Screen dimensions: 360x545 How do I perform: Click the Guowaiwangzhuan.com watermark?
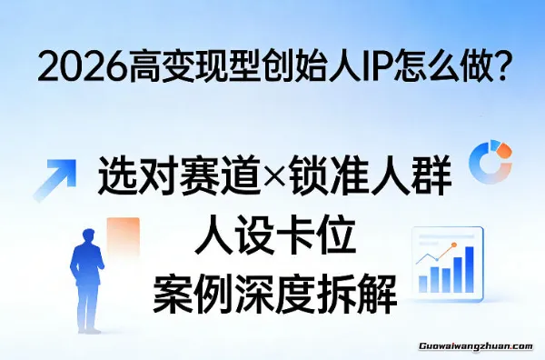(x=480, y=345)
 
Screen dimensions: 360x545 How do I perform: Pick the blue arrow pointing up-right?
(x=54, y=179)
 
